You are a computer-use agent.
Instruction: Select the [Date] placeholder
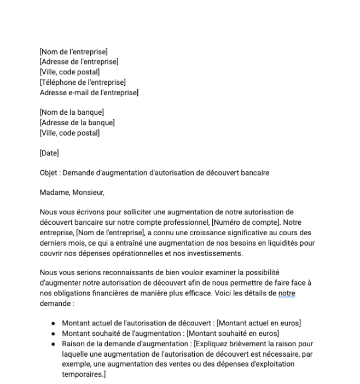point(49,153)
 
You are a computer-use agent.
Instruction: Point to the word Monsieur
point(88,193)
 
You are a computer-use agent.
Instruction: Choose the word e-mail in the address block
point(80,92)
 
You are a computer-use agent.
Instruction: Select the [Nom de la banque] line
point(72,112)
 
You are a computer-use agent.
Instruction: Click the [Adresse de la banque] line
point(77,123)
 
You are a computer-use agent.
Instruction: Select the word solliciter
point(131,211)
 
